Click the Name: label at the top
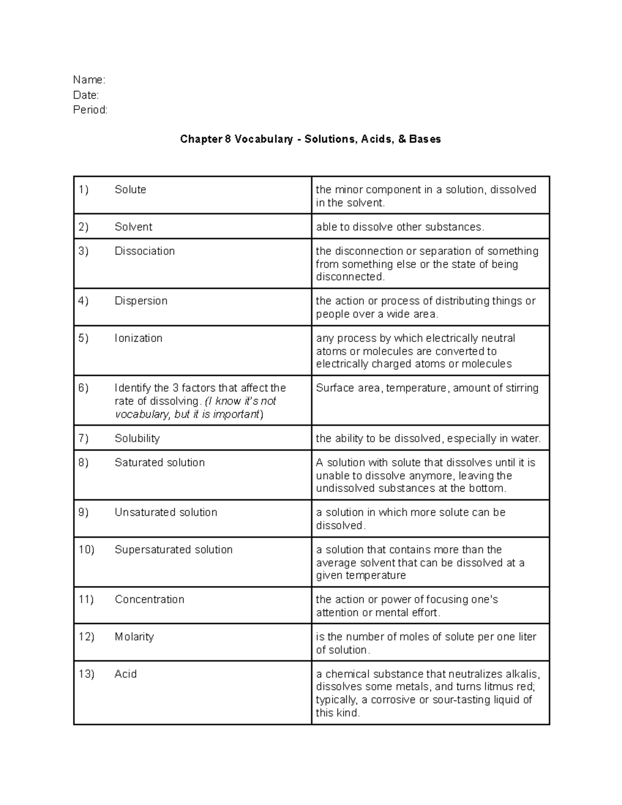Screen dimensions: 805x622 coord(89,80)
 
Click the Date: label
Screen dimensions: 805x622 coord(86,95)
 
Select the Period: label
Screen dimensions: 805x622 coord(90,110)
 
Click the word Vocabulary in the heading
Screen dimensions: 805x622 coord(263,139)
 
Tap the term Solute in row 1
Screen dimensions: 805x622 coord(130,190)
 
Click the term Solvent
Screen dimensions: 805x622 coord(133,227)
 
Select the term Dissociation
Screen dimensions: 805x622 coord(145,251)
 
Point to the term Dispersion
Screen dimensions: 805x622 coord(141,301)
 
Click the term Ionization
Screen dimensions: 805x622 coord(138,338)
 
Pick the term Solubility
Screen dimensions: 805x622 coord(137,439)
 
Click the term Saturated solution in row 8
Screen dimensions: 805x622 coord(160,462)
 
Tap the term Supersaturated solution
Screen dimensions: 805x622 coord(174,549)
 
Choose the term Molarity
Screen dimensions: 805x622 coord(134,637)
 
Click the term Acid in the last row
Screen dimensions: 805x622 coord(125,674)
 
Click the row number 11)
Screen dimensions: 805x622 coord(86,599)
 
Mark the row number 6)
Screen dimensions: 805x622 coord(83,388)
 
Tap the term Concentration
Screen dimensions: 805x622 coord(149,599)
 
